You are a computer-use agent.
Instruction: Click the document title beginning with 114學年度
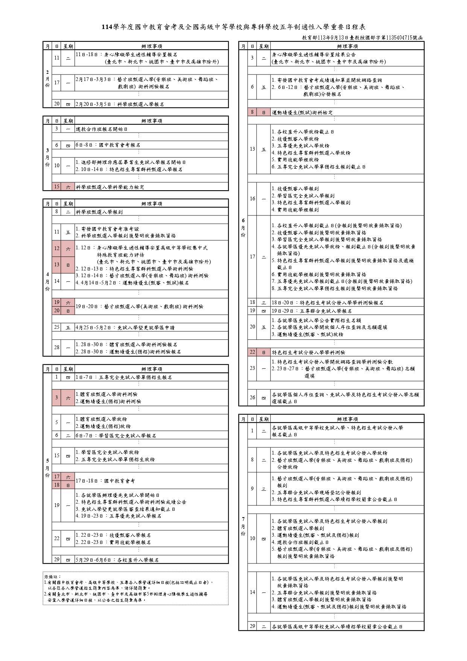[233, 27]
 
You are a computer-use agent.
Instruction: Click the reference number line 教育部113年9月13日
[362, 38]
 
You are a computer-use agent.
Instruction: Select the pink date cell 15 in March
[57, 187]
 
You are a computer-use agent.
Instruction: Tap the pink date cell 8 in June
[252, 112]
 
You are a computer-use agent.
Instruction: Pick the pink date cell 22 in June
[252, 352]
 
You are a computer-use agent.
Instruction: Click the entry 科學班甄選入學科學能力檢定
[110, 187]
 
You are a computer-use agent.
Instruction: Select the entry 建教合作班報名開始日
[102, 129]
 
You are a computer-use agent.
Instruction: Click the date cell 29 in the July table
[252, 626]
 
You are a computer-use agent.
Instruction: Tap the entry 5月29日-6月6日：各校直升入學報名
[117, 560]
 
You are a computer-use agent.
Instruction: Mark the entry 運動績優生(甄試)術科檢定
[302, 113]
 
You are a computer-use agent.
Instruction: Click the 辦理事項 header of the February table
[152, 46]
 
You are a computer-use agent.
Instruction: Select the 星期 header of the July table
[264, 419]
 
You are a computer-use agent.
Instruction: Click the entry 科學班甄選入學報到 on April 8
[99, 212]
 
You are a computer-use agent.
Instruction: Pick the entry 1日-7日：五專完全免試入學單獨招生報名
[124, 377]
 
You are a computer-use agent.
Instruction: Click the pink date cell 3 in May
[57, 398]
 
